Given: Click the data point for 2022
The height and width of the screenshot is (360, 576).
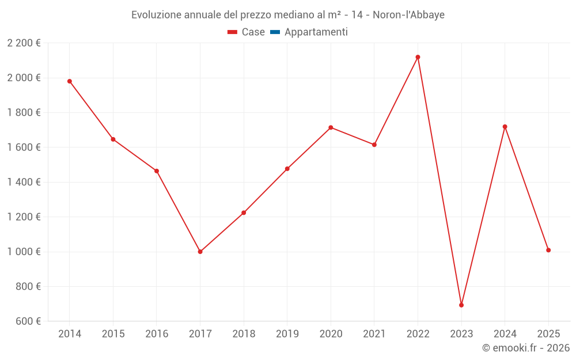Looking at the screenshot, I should pyautogui.click(x=418, y=57).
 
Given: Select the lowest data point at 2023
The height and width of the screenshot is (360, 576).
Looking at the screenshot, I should pyautogui.click(x=461, y=305).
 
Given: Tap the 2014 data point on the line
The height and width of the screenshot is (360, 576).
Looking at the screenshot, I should pyautogui.click(x=70, y=81).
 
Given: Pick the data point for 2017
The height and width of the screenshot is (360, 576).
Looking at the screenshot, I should pyautogui.click(x=200, y=252).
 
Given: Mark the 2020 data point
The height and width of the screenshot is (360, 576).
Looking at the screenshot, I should pyautogui.click(x=331, y=127).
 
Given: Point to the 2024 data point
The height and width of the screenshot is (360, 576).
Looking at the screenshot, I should pyautogui.click(x=505, y=127).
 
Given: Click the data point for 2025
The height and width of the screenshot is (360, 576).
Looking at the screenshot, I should pyautogui.click(x=548, y=250).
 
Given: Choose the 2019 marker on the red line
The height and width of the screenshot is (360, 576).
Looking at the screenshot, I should pyautogui.click(x=287, y=169).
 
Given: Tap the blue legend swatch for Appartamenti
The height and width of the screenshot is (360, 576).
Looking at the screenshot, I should pyautogui.click(x=275, y=32).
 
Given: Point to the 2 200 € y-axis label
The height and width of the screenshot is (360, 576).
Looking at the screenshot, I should pyautogui.click(x=24, y=43).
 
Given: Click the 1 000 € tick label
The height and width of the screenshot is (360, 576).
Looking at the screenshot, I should pyautogui.click(x=24, y=252).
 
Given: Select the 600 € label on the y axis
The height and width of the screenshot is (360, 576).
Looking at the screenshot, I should pyautogui.click(x=27, y=321).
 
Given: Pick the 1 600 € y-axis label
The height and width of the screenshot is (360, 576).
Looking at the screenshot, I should pyautogui.click(x=24, y=147).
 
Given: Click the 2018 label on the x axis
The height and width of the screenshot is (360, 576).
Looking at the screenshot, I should pyautogui.click(x=244, y=334).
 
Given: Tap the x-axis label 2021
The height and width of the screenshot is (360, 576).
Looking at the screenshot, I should pyautogui.click(x=374, y=334).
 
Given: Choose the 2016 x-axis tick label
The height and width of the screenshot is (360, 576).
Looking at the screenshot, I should pyautogui.click(x=157, y=334).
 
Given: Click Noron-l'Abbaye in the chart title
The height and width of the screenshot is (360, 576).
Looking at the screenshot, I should pyautogui.click(x=408, y=15).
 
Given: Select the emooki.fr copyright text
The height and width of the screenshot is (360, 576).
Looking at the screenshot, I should pyautogui.click(x=525, y=348).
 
